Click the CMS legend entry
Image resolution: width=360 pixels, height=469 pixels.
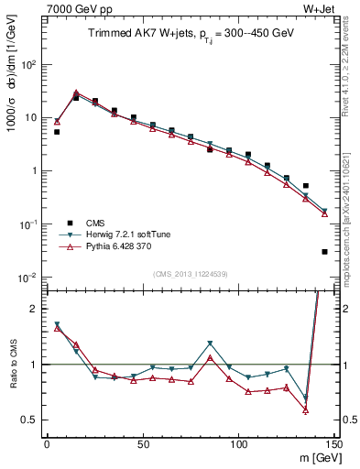click(94, 222)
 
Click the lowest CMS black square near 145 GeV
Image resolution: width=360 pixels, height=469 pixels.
click(325, 251)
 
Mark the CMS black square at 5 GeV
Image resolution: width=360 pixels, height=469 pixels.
click(57, 132)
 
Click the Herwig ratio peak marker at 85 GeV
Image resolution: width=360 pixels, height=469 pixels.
click(210, 344)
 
